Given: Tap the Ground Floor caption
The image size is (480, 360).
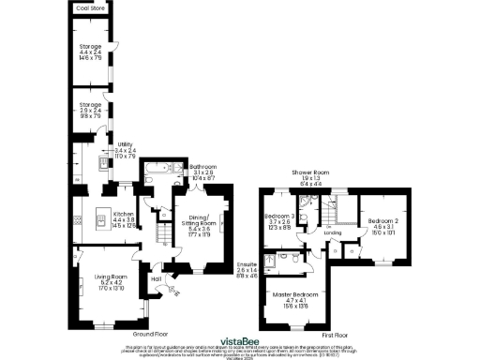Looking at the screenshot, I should click(149, 334).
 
